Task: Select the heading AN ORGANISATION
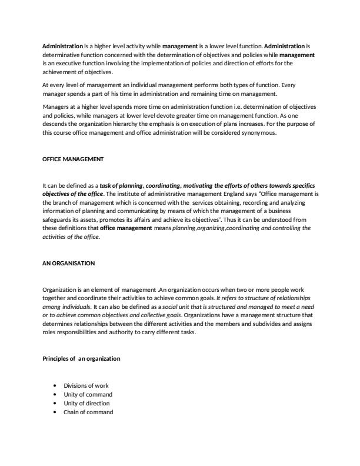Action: tap(68, 263)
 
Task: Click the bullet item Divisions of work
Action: tap(86, 385)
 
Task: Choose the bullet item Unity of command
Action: tap(88, 394)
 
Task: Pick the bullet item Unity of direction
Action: tap(87, 403)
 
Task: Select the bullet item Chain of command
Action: tap(88, 412)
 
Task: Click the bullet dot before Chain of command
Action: tap(55, 412)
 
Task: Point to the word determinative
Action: tap(61, 54)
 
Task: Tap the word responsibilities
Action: tap(78, 331)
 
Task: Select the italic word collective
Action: tap(164, 315)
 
